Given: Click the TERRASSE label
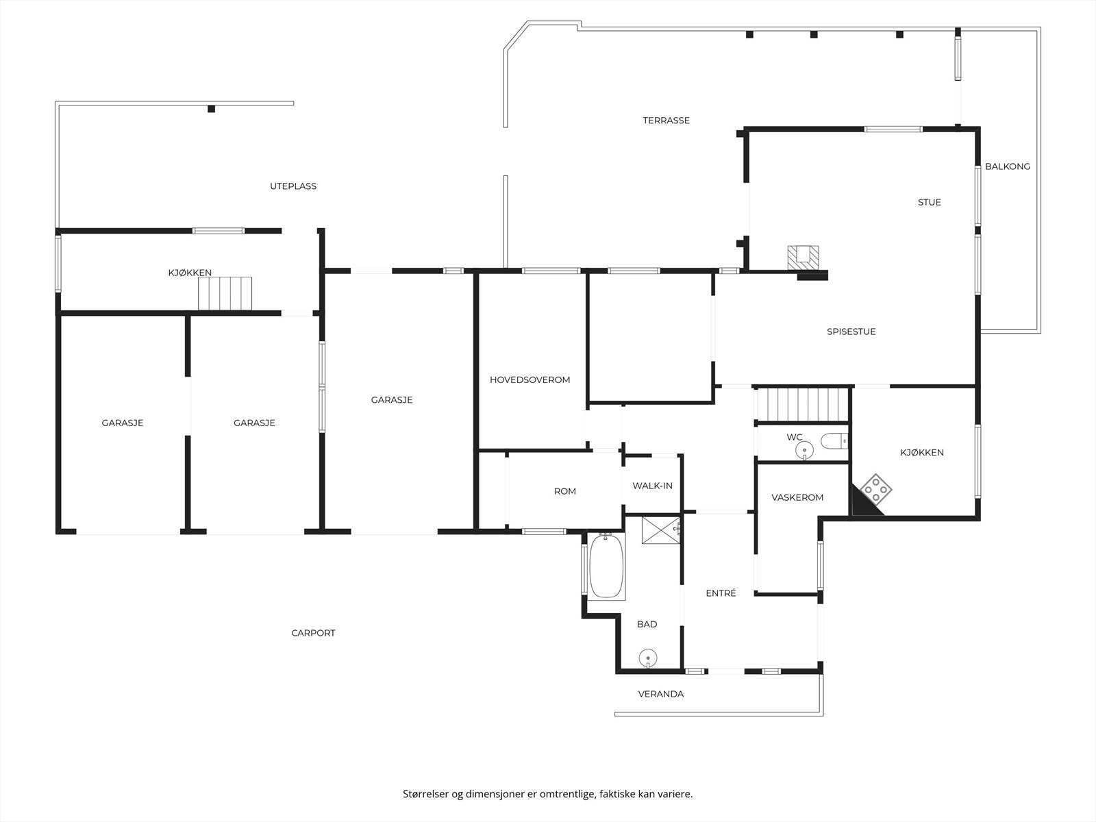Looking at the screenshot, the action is (666, 121).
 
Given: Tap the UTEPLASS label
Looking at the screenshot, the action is (293, 186).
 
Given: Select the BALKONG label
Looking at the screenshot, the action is (1008, 166).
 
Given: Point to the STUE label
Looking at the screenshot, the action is (930, 202).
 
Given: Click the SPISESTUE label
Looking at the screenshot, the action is (851, 332).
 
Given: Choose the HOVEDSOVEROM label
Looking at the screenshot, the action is (530, 379).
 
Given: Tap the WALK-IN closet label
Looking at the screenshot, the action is (653, 486).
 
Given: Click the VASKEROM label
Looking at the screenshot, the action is (797, 497).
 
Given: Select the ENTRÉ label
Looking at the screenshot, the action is (721, 593).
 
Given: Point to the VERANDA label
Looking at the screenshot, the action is (661, 694).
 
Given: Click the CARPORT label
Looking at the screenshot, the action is (313, 633).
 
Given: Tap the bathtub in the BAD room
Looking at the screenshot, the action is (606, 566).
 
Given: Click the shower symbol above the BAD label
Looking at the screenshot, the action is (660, 530).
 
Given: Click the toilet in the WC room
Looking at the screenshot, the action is (834, 441).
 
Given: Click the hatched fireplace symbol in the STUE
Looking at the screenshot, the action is (803, 258).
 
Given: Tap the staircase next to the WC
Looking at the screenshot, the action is (803, 405).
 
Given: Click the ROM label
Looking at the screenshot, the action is (564, 491).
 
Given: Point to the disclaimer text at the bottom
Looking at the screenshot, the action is (548, 793).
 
